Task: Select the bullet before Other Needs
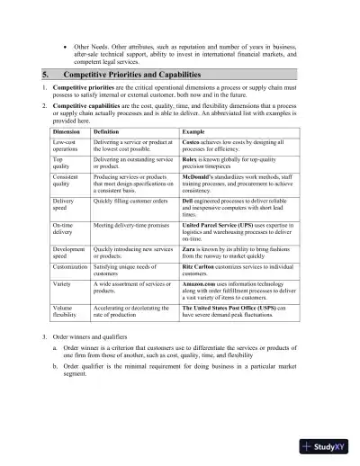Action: click(x=65, y=43)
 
